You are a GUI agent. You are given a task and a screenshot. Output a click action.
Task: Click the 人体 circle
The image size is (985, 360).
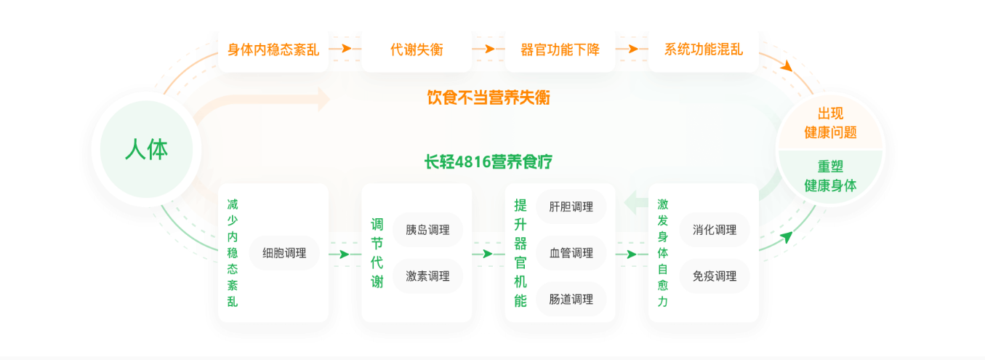[146, 149]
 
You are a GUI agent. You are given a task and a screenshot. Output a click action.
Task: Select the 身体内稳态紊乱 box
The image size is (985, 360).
[273, 49]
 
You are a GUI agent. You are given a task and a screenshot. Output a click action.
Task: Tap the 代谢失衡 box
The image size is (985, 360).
[417, 49]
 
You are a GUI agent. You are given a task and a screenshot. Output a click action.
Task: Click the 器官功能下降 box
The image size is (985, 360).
[560, 49]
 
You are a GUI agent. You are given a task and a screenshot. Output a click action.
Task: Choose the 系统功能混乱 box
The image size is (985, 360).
[703, 49]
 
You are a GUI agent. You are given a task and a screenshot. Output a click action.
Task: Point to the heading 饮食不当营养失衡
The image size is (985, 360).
[488, 97]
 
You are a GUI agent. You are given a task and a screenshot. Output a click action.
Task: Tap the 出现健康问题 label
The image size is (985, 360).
[830, 123]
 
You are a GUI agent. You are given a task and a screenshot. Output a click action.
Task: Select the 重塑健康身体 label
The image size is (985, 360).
[830, 175]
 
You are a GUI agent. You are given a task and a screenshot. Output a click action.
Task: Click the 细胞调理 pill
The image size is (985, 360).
[284, 253]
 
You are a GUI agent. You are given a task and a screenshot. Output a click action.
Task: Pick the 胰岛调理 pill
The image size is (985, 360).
[427, 230]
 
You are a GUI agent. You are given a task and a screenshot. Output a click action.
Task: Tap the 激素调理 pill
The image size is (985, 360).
[427, 276]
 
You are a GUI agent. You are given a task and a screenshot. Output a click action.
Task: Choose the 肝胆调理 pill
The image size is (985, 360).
[571, 207]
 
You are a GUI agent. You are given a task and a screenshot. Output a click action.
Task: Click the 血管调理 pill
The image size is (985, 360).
[571, 253]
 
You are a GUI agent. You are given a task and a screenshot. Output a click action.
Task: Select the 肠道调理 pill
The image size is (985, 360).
[571, 299]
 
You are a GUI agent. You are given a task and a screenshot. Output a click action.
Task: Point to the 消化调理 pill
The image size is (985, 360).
[715, 230]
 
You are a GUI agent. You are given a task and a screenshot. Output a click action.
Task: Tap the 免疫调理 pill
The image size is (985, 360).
[715, 276]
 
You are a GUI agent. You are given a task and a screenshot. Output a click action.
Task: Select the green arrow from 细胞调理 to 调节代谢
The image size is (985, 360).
[344, 254]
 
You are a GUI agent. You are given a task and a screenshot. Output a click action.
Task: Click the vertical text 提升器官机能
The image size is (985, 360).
[520, 253]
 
